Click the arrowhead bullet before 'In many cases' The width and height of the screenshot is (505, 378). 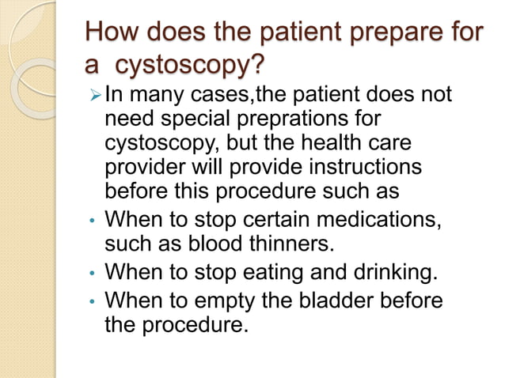pyautogui.click(x=93, y=96)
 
